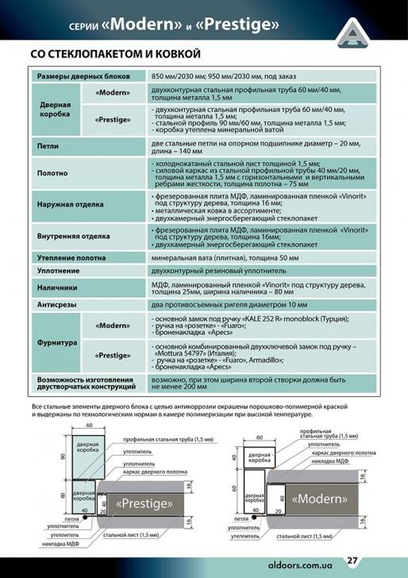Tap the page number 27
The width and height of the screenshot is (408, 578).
352,561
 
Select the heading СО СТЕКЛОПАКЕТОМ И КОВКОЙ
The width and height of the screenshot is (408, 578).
114,54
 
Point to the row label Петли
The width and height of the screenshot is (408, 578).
48,146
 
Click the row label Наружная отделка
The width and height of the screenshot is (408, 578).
71,204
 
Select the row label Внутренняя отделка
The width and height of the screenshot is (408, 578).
73,237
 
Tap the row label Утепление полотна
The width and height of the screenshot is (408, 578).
74,258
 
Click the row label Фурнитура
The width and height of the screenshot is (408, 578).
58,343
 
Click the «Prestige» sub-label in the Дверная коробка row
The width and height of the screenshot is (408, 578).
112,119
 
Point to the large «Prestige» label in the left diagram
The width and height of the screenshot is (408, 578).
144,503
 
